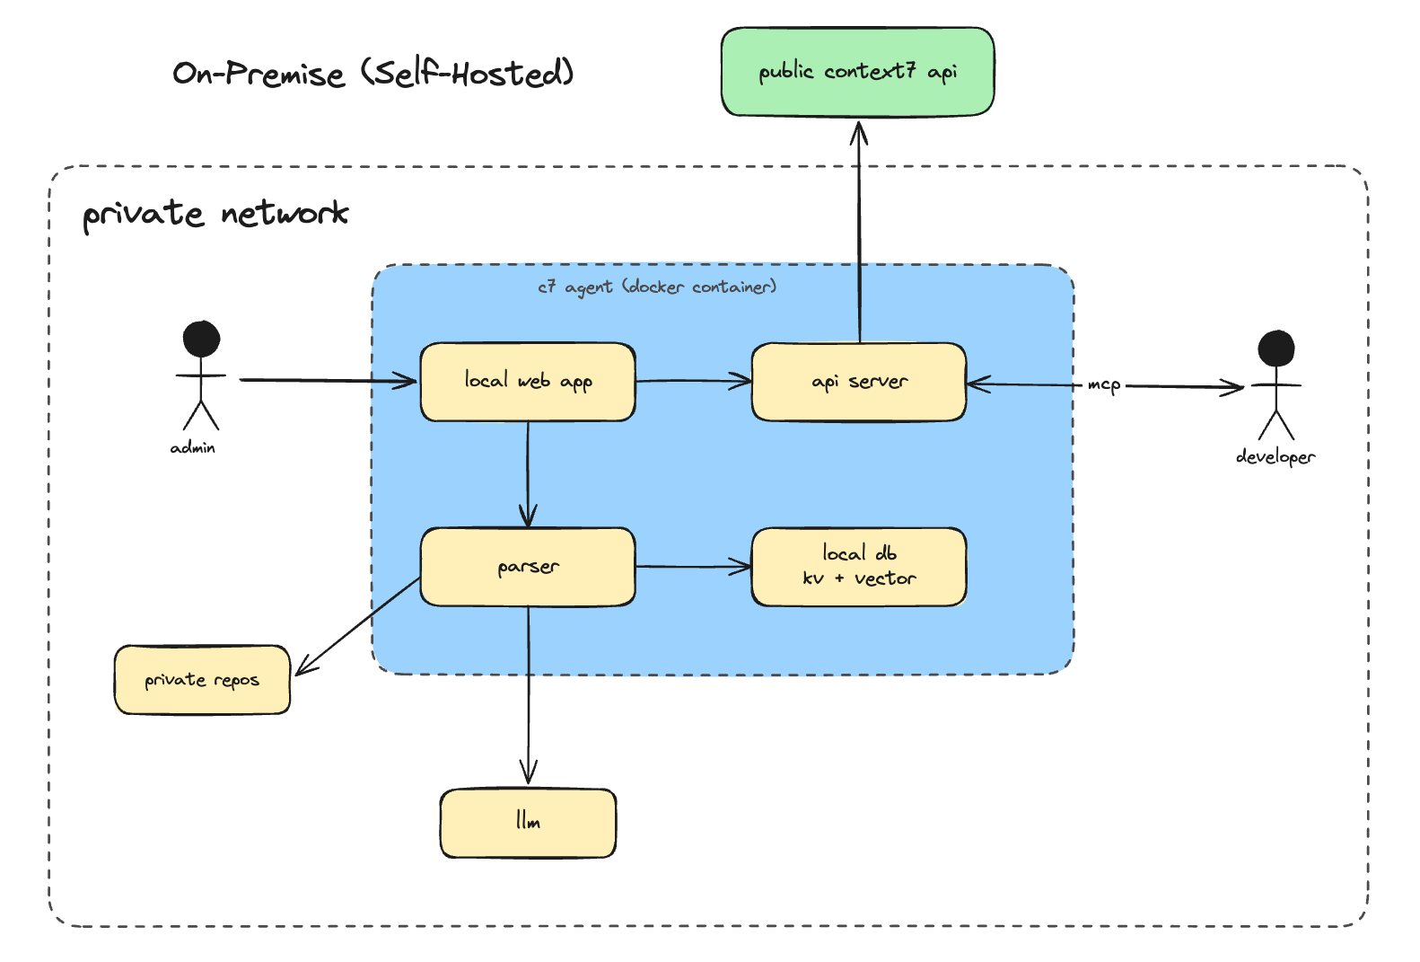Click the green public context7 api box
point(857,72)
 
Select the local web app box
point(528,382)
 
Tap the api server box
point(859,382)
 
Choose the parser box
point(528,567)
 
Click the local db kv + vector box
point(859,567)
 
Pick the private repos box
point(202,680)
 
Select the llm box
point(528,823)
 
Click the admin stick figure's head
point(201,339)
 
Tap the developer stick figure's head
point(1275,349)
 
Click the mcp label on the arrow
point(1104,385)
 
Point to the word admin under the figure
point(193,447)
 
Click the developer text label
point(1275,456)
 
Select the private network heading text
point(215,214)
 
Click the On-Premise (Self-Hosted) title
point(373,73)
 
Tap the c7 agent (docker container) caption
point(657,287)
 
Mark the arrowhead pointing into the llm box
point(528,774)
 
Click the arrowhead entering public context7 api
point(859,132)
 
